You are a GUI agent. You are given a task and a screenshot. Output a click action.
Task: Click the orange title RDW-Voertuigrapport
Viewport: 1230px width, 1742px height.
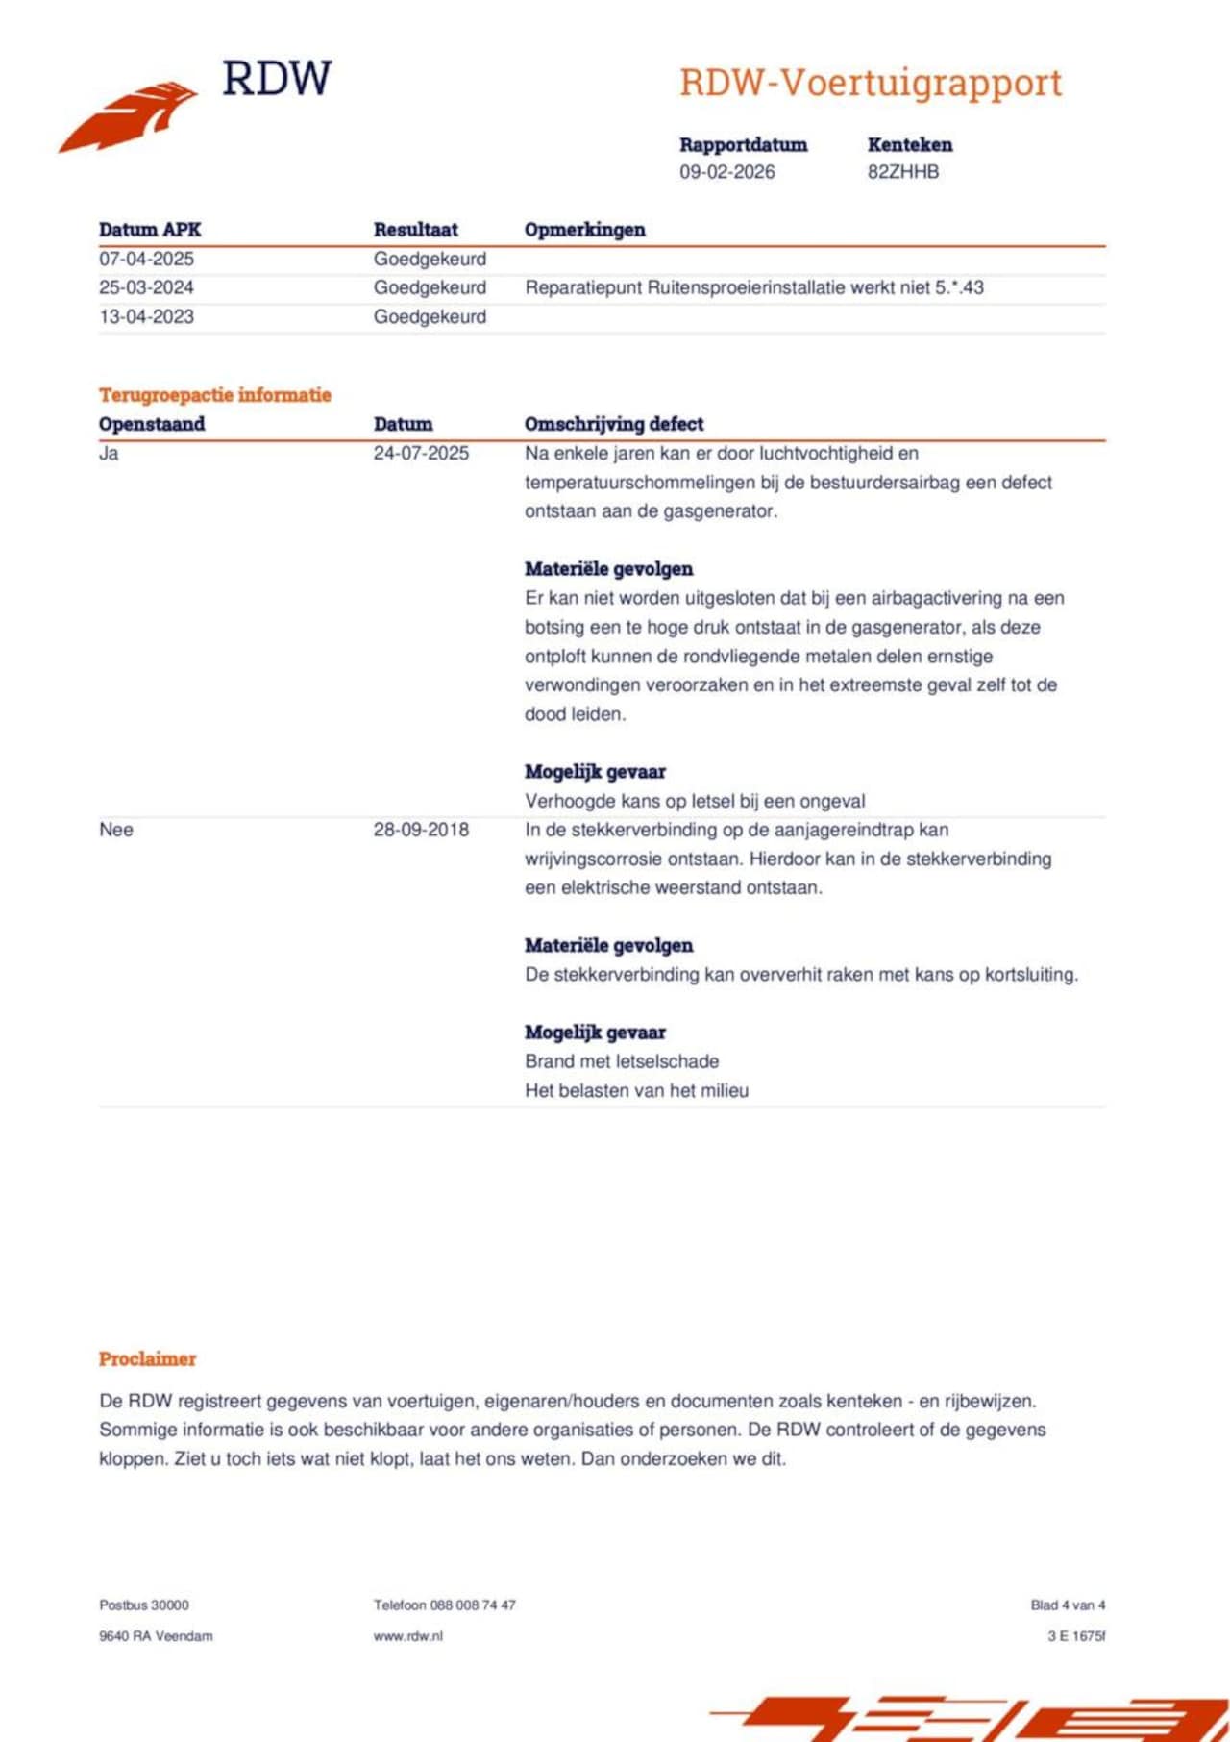[871, 83]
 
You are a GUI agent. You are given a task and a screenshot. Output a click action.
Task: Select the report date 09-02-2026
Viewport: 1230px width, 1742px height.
[726, 172]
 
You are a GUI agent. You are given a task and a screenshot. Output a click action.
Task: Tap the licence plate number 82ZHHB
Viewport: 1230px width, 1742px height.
[903, 172]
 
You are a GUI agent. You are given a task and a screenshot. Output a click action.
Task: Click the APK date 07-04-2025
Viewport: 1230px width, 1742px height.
[146, 259]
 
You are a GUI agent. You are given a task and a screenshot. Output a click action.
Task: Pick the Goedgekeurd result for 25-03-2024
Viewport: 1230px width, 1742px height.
[430, 287]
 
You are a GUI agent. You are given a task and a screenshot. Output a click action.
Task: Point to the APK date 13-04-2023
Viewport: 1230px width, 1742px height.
[146, 316]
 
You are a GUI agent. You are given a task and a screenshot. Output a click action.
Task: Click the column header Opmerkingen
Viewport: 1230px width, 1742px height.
[584, 230]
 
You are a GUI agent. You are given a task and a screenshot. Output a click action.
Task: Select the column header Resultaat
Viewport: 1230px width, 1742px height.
[415, 230]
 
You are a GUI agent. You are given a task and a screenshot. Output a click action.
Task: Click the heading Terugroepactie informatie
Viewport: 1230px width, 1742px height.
[214, 394]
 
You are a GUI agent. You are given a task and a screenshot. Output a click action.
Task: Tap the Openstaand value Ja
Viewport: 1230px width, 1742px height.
[109, 453]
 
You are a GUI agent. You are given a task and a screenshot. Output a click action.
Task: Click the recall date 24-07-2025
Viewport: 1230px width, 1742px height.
[421, 453]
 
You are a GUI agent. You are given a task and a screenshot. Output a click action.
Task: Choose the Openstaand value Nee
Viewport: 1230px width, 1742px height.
[115, 830]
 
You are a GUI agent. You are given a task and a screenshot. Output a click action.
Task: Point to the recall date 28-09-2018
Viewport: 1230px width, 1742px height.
[421, 830]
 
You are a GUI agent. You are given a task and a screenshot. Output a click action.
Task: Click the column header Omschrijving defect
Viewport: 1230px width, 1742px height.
[613, 424]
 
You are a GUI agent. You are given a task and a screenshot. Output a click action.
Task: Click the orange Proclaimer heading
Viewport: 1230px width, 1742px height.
[147, 1358]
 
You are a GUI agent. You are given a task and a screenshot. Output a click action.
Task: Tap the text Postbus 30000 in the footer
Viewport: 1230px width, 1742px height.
[144, 1605]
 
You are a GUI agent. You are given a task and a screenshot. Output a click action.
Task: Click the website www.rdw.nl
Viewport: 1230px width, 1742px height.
[407, 1635]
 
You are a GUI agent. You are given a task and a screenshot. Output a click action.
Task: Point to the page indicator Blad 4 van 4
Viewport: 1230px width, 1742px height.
[1068, 1605]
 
